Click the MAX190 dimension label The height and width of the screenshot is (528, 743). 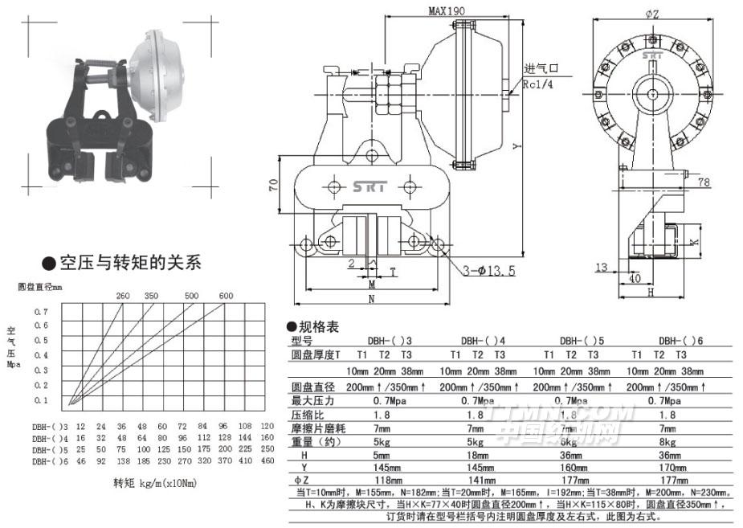[446, 12]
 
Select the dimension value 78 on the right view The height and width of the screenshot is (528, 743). [704, 183]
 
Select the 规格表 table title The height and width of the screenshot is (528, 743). [318, 326]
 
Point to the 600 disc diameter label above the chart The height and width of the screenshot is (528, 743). [226, 295]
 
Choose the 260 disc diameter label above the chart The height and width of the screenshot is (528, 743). [123, 295]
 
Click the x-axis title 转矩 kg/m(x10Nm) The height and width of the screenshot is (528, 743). [153, 483]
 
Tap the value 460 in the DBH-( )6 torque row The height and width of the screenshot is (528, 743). [267, 462]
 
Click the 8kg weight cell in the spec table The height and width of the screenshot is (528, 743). [667, 441]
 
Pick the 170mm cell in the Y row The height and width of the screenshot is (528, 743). [667, 468]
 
